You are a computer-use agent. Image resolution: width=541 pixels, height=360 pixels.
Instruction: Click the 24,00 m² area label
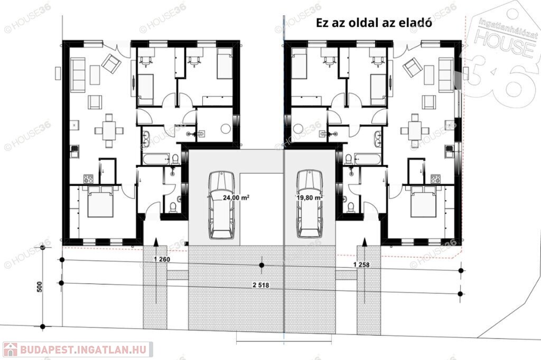click(x=236, y=198)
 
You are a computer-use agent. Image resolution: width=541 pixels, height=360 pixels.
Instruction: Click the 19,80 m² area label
click(x=310, y=197)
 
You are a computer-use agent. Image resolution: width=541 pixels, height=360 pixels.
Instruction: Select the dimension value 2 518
click(x=261, y=285)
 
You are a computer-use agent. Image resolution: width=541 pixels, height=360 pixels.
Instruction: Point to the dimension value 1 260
click(x=162, y=259)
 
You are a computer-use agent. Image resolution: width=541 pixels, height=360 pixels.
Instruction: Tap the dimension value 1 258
click(x=361, y=265)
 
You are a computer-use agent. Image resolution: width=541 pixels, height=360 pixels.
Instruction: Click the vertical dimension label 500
click(x=39, y=287)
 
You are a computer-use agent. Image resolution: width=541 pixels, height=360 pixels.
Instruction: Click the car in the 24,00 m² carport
click(x=221, y=205)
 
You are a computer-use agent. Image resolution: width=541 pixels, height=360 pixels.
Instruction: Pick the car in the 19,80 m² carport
click(x=310, y=203)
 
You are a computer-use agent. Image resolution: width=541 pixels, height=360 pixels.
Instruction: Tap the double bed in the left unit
click(x=100, y=202)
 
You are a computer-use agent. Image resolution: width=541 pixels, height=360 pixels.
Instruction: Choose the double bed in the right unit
click(x=424, y=202)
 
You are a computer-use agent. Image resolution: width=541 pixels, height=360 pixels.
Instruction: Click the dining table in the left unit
click(x=109, y=131)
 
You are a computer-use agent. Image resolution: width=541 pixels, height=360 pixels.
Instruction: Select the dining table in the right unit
click(x=415, y=131)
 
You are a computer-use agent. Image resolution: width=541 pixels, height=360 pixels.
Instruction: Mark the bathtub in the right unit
click(x=368, y=159)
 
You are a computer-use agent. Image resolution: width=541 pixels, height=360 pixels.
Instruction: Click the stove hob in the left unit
click(x=88, y=178)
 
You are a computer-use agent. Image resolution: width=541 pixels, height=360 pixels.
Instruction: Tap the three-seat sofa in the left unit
click(x=78, y=75)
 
